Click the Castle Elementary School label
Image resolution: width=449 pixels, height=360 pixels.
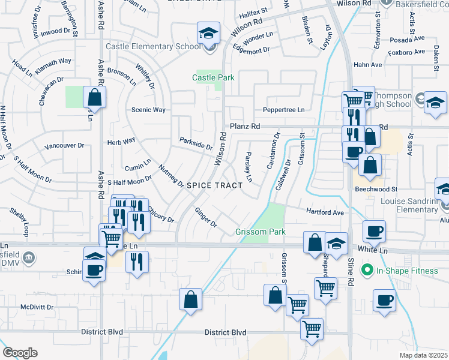(x=153, y=46)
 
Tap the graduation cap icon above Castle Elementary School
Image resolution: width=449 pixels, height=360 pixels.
(x=208, y=33)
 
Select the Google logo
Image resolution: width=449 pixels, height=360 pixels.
(x=20, y=353)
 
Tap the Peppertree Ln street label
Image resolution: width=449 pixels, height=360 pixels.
(x=283, y=110)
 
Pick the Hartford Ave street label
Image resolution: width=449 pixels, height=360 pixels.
(x=325, y=212)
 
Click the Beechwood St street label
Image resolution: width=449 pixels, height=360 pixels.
(x=376, y=188)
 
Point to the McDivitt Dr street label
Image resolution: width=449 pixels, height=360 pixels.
(x=37, y=307)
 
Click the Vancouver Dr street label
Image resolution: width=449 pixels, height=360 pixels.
(x=63, y=146)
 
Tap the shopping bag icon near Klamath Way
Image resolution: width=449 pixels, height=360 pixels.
(x=94, y=97)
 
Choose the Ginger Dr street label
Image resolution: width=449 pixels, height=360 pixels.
(x=205, y=217)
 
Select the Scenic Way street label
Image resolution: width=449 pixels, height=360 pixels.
(x=148, y=110)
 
